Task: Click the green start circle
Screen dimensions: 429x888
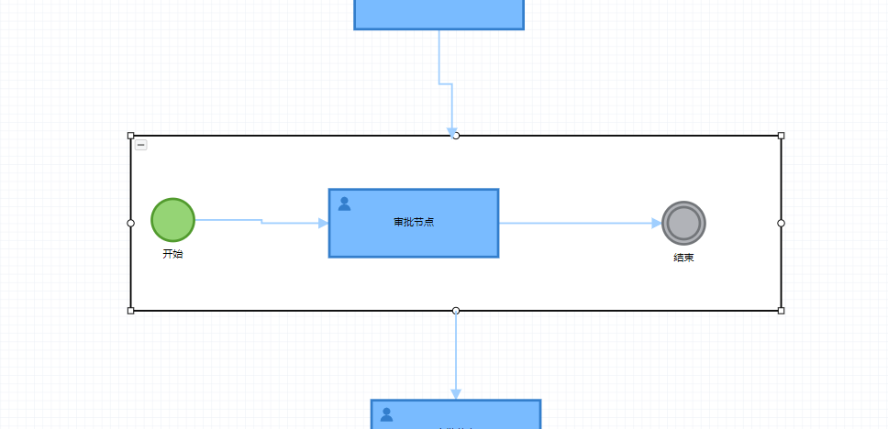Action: point(172,221)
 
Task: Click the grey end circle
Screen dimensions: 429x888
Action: point(683,223)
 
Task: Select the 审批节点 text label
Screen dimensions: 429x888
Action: point(414,222)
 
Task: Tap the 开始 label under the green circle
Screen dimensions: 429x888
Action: point(172,254)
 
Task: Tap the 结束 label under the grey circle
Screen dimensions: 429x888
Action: point(683,258)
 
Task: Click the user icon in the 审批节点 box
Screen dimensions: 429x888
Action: point(344,203)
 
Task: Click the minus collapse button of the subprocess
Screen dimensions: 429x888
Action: point(141,145)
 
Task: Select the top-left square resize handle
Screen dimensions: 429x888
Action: point(130,136)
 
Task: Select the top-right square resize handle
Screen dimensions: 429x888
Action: point(782,136)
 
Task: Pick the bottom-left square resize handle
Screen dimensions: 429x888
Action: point(130,311)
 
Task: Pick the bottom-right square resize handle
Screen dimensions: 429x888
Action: point(782,311)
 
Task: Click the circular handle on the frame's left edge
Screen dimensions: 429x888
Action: point(130,223)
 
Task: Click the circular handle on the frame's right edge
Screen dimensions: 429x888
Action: point(782,223)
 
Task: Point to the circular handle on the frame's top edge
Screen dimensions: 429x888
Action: point(456,136)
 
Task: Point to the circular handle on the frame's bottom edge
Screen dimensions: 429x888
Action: point(456,311)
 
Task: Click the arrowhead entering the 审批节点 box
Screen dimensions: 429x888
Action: point(323,223)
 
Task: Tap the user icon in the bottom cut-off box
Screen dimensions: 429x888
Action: point(386,414)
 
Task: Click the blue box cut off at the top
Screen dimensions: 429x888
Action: point(438,14)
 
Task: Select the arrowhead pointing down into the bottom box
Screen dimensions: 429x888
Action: point(456,393)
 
